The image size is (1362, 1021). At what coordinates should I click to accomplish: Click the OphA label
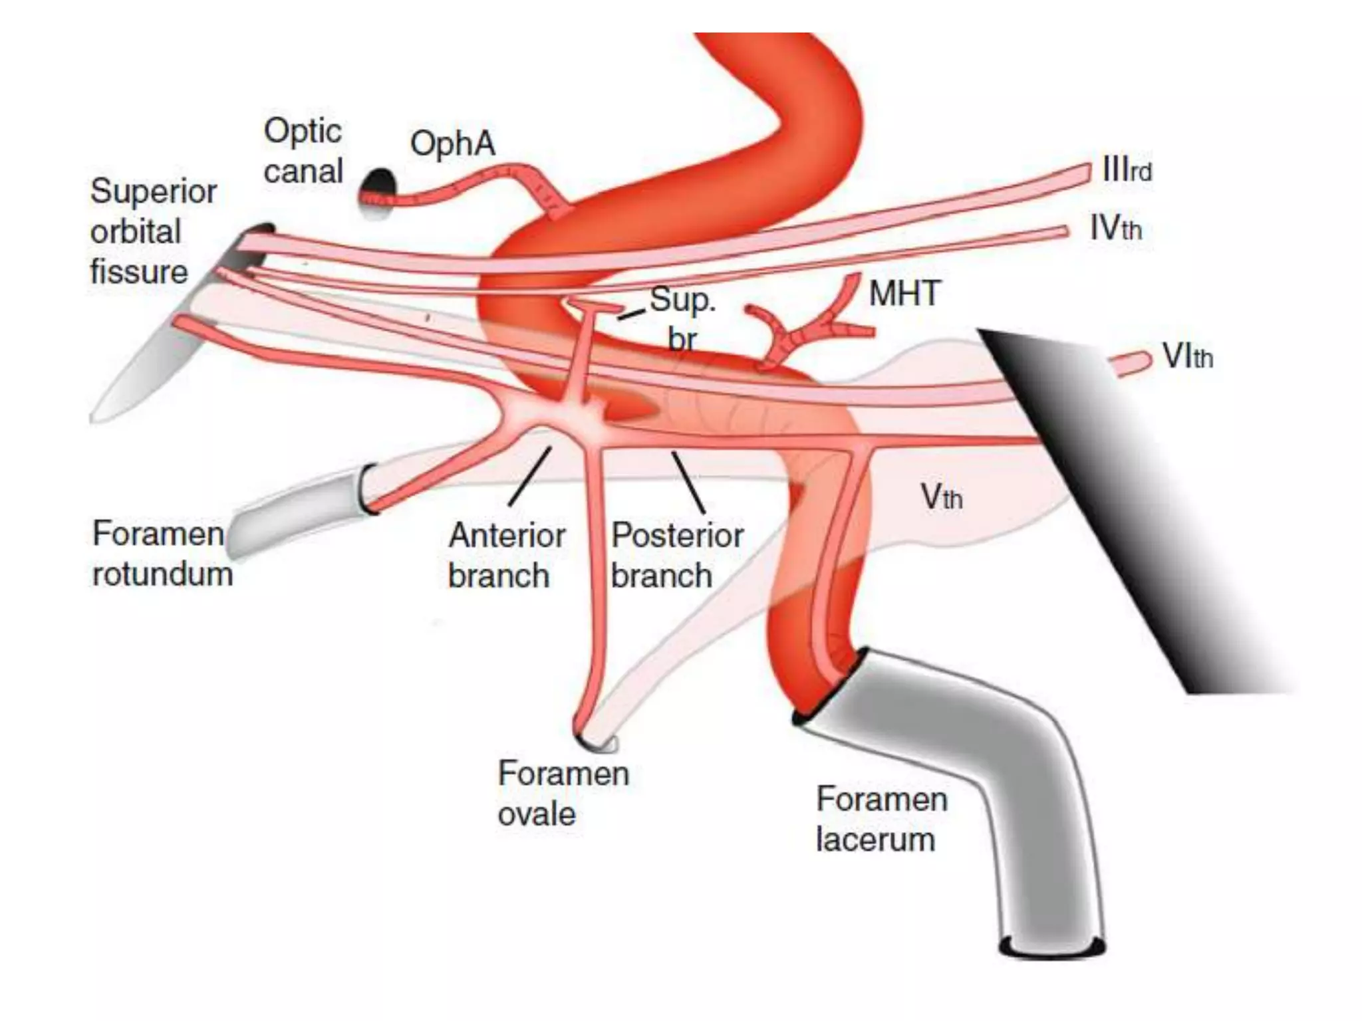pos(452,144)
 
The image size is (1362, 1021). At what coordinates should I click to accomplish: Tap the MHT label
pos(904,294)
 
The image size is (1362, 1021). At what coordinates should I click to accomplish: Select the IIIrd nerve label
pos(1127,170)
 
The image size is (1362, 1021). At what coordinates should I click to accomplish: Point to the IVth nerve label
pos(1115,229)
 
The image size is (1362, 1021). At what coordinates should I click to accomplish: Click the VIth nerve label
pos(1187,357)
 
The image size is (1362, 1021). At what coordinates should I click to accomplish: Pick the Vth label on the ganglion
pos(941,497)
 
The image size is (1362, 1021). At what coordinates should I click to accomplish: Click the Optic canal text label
pos(303,151)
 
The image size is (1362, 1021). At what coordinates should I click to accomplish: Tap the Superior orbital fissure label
pos(153,231)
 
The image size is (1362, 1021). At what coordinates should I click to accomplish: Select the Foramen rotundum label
pos(162,554)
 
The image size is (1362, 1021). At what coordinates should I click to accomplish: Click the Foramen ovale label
pos(563,793)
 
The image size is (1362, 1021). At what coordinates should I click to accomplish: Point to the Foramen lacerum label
pos(881,819)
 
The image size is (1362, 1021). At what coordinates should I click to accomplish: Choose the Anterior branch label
pos(506,555)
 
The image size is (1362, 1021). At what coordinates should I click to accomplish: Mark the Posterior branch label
pos(676,555)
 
